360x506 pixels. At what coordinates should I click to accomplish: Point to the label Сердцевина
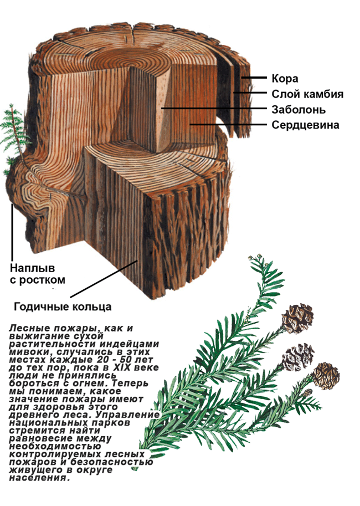pos(305,125)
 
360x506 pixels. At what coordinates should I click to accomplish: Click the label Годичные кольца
pos(63,306)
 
